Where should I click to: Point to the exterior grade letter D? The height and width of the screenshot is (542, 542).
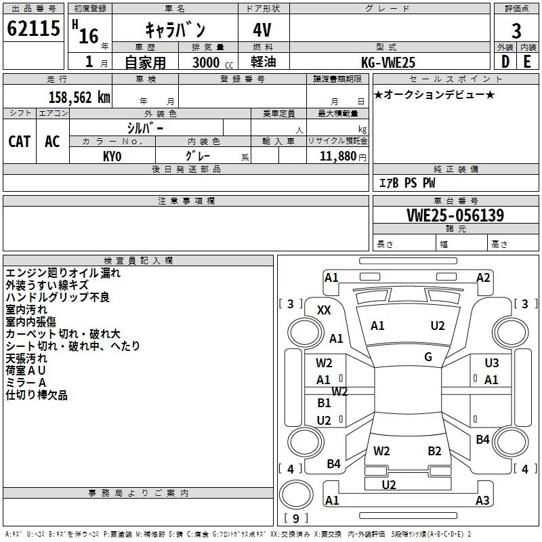pos(505,61)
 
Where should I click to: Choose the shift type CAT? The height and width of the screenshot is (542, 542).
pos(20,141)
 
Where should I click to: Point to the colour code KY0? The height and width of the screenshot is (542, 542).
pos(112,155)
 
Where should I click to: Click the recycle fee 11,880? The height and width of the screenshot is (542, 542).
pos(337,156)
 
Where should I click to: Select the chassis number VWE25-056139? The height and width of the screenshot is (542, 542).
pos(455,215)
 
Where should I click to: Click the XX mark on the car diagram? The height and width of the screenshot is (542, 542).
pos(325,310)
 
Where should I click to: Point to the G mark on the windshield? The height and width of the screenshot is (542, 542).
pos(428,357)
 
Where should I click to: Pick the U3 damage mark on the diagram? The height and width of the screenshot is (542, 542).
pos(491,363)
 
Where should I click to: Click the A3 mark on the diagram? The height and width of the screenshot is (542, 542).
pos(482,501)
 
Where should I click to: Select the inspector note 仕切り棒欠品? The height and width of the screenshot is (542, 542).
pos(37,395)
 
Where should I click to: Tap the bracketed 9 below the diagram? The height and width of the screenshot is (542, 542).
pos(295,518)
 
